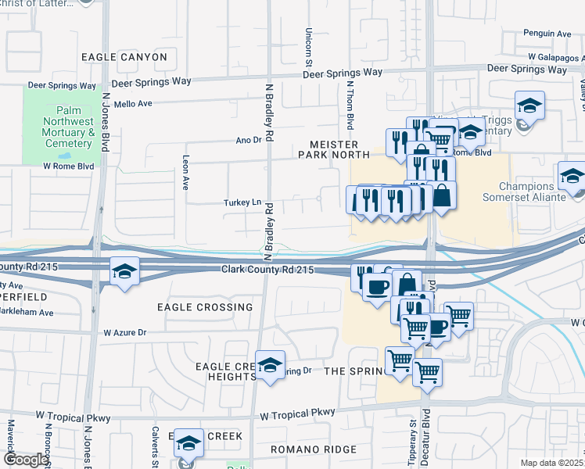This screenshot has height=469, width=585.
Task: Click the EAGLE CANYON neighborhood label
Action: pos(124,57)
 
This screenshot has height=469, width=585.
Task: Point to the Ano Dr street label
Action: pos(247,140)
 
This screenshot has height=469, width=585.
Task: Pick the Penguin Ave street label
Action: pos(547,34)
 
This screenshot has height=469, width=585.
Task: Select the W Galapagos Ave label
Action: pos(554,57)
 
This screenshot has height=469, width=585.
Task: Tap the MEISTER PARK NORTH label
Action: pos(333,149)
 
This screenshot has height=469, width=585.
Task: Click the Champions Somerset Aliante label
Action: pos(533,192)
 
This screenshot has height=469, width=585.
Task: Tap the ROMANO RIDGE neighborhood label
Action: pos(314,449)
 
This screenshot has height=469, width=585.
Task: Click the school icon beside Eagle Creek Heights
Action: pos(270,365)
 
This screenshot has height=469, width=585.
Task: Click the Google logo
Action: pos(27,460)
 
